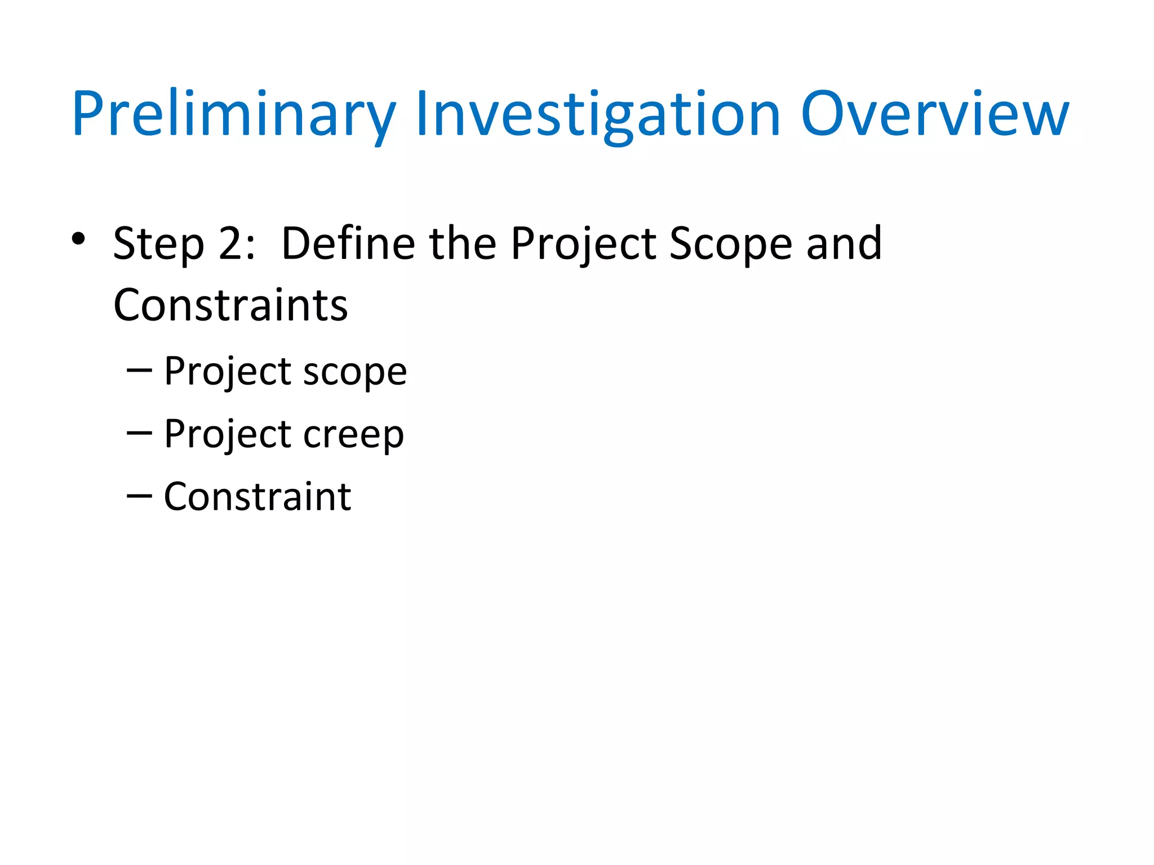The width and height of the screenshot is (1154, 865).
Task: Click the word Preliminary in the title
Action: (234, 115)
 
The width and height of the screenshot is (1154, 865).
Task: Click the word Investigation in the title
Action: (598, 115)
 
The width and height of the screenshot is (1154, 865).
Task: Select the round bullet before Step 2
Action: (78, 239)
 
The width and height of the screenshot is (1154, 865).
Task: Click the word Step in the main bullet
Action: (158, 244)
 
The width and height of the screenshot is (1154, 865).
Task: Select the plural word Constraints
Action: (230, 306)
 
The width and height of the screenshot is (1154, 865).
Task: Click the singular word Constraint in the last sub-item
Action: (258, 497)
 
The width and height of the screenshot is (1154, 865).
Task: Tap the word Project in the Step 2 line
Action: (583, 244)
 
